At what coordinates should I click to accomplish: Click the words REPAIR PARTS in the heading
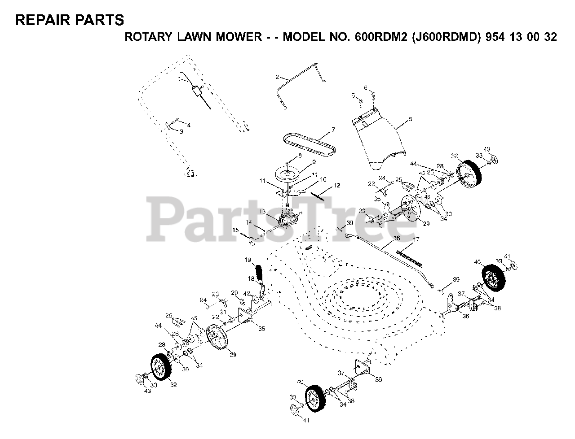[70, 20]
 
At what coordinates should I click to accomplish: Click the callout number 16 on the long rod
[397, 239]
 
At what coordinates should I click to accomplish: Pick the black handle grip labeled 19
[259, 272]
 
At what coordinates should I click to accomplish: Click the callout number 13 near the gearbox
[262, 211]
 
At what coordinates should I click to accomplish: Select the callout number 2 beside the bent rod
[278, 77]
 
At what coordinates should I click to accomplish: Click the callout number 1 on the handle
[179, 79]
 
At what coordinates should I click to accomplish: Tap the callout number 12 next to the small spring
[336, 185]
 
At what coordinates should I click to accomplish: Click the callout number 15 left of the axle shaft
[235, 230]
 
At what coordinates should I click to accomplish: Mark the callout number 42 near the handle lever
[246, 294]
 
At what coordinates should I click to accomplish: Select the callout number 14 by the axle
[249, 222]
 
